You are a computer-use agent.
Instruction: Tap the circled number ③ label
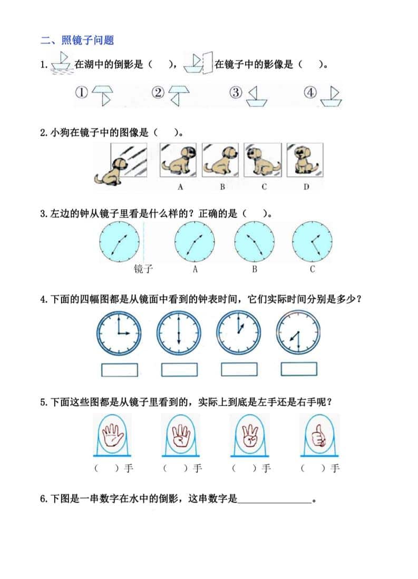(236, 93)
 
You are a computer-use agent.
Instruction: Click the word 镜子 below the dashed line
(143, 269)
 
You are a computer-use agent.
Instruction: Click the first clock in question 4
(119, 333)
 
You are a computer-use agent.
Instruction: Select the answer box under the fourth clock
(299, 369)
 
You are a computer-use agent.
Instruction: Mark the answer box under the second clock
(179, 369)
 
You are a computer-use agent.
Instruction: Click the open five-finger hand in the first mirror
(112, 435)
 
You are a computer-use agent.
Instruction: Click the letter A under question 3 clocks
(195, 270)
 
